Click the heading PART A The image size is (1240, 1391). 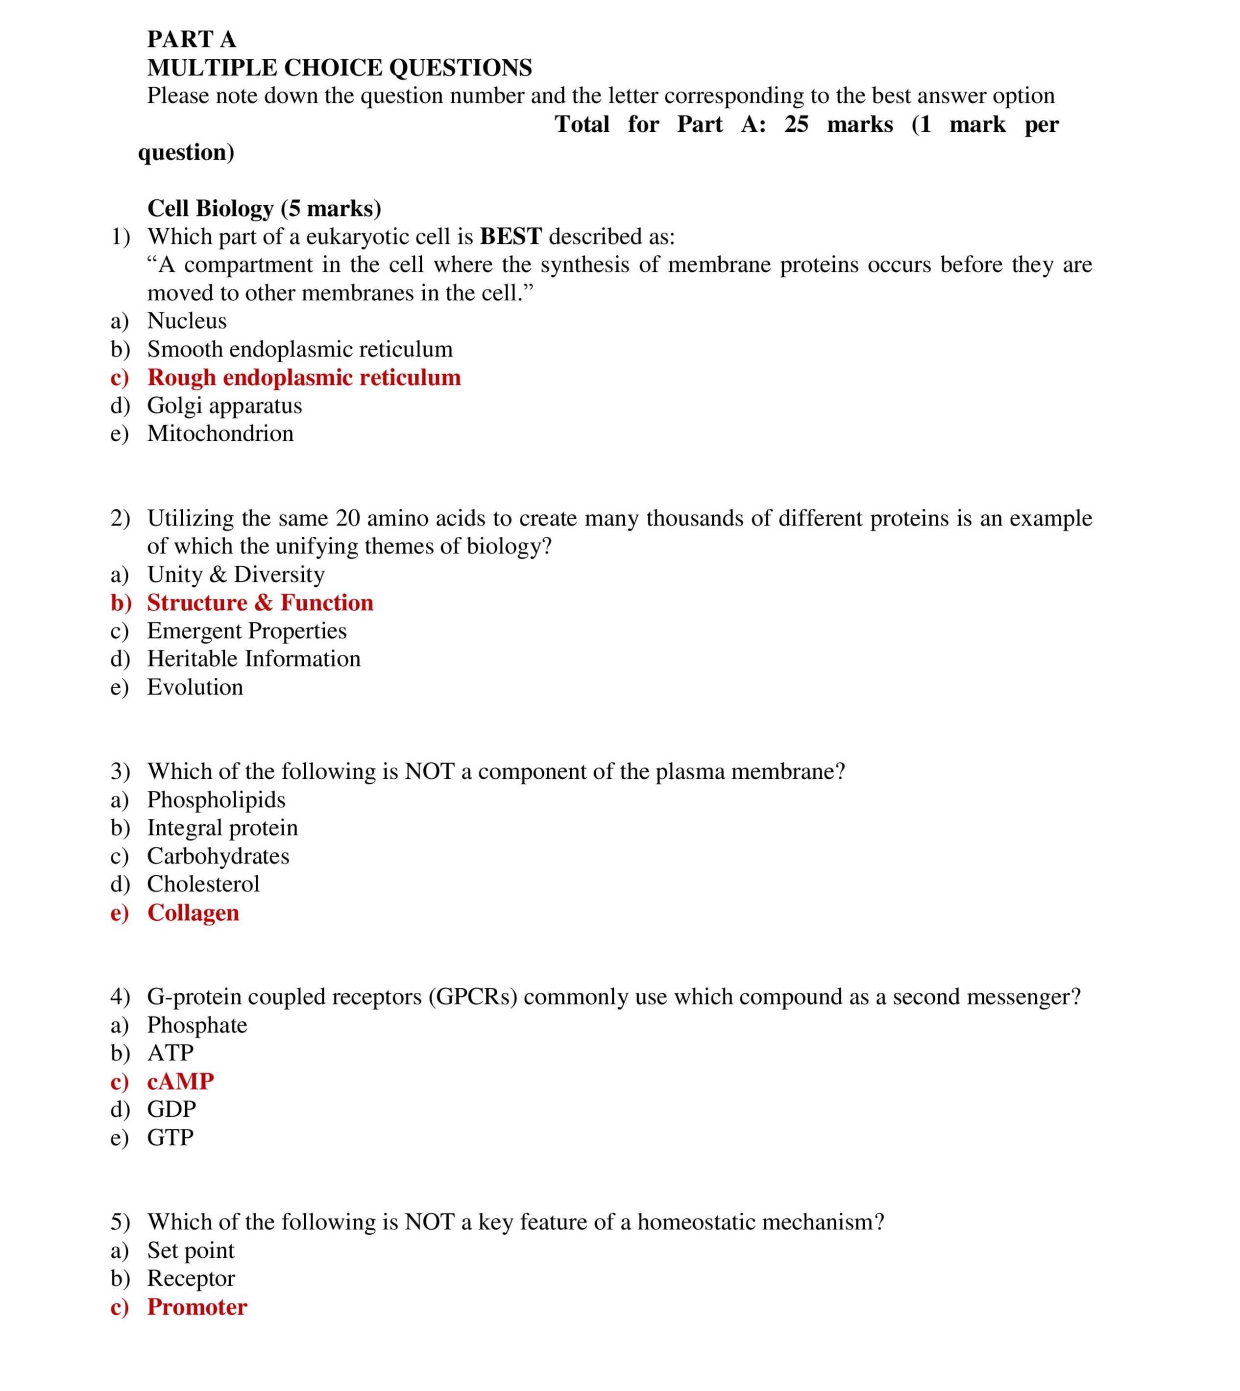pyautogui.click(x=192, y=40)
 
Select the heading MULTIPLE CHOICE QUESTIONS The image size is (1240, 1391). pyautogui.click(x=340, y=68)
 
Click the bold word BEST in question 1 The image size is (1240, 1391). pyautogui.click(x=511, y=237)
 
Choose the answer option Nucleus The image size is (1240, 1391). pyautogui.click(x=187, y=321)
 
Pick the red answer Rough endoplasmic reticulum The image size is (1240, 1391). pyautogui.click(x=304, y=377)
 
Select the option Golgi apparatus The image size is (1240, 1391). pyautogui.click(x=224, y=406)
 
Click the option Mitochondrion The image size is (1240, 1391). pyautogui.click(x=220, y=433)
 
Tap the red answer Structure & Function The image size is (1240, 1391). pyautogui.click(x=260, y=603)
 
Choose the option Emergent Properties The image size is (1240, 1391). pyautogui.click(x=246, y=631)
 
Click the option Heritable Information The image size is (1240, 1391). pyautogui.click(x=253, y=659)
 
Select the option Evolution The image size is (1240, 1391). pyautogui.click(x=195, y=687)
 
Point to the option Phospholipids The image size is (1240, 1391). pyautogui.click(x=216, y=800)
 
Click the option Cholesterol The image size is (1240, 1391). pyautogui.click(x=203, y=884)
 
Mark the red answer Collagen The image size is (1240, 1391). pyautogui.click(x=193, y=913)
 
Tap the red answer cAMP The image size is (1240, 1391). pyautogui.click(x=181, y=1082)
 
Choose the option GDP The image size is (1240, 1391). pyautogui.click(x=171, y=1110)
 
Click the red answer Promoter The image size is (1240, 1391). pyautogui.click(x=197, y=1307)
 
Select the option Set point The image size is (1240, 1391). pyautogui.click(x=190, y=1250)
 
